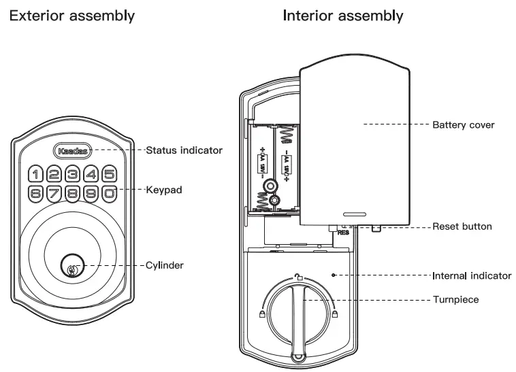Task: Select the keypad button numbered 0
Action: pos(109,192)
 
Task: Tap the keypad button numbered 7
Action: pos(55,192)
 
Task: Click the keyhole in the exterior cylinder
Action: pos(71,265)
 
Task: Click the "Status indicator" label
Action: pos(184,150)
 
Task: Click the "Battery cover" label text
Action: pos(463,125)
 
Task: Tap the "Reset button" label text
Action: pos(462,226)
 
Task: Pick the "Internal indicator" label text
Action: pos(472,276)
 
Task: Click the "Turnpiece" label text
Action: pos(457,299)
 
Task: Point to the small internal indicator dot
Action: pos(333,275)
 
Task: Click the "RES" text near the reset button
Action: pos(342,232)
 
